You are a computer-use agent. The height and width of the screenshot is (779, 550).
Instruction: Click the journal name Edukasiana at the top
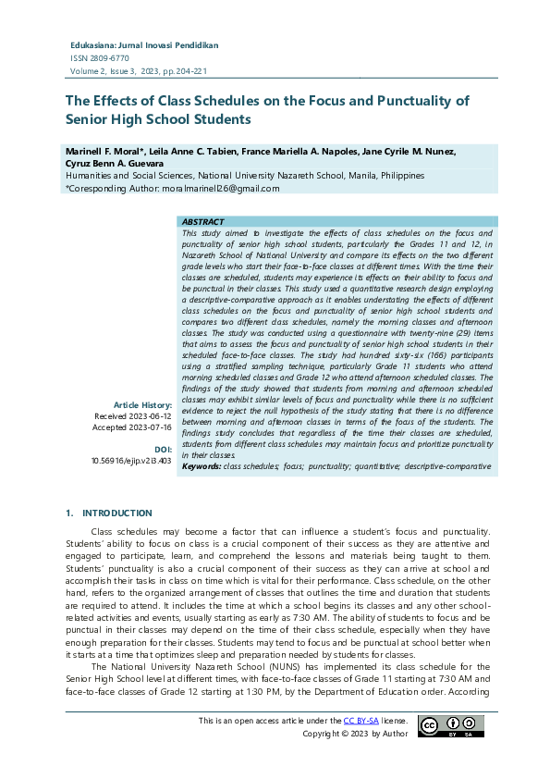coord(96,44)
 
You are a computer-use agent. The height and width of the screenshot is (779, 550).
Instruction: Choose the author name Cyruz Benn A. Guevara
coord(113,163)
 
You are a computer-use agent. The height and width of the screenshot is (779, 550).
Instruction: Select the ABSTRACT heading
coord(202,222)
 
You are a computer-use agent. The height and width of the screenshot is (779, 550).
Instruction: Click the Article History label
coord(142,404)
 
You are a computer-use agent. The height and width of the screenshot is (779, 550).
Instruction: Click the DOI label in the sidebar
coord(163,448)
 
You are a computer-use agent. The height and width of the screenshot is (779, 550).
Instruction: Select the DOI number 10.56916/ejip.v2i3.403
coord(131,459)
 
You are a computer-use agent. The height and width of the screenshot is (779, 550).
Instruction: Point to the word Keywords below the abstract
coord(201,466)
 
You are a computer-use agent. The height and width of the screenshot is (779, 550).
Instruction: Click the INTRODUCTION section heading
coord(117,513)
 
